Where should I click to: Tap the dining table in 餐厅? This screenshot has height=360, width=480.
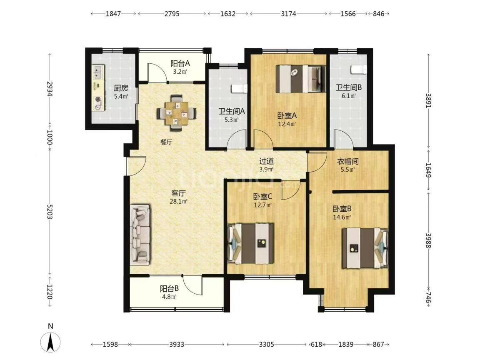(176, 113)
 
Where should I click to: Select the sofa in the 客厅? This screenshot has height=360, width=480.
(140, 234)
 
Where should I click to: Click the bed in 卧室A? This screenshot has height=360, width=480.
(300, 79)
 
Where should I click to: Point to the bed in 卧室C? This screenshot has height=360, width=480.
(251, 243)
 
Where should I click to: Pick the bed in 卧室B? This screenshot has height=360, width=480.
(365, 248)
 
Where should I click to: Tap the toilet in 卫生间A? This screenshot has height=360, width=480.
(239, 88)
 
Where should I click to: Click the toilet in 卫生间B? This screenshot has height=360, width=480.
(359, 70)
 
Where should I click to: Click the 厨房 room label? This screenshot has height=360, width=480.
(120, 88)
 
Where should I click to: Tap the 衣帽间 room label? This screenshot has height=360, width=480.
(348, 161)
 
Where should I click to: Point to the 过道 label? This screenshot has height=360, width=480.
(266, 161)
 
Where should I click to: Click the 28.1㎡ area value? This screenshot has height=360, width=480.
(178, 201)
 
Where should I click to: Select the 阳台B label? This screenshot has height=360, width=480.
(169, 288)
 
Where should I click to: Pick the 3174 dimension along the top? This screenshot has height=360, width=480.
(288, 13)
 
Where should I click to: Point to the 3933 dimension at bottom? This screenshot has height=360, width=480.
(177, 345)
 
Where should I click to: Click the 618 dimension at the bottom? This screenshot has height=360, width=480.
(317, 345)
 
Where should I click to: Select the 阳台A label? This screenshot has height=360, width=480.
(180, 63)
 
